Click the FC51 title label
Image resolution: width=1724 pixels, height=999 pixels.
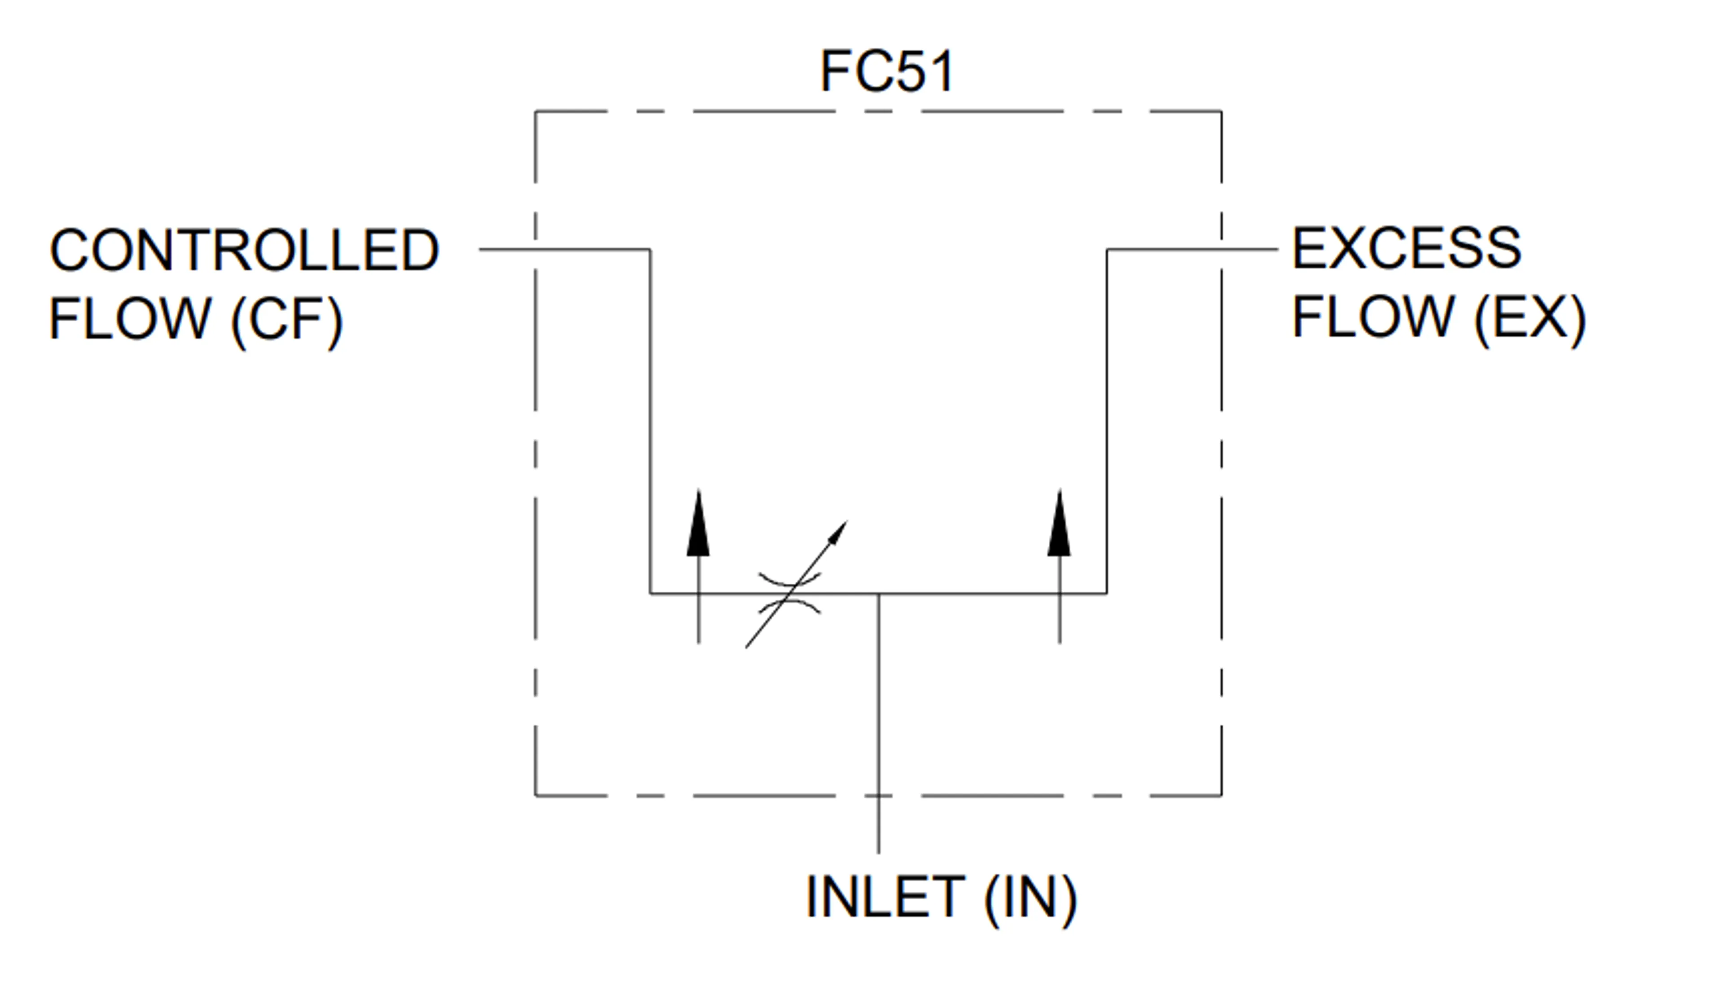[x=887, y=70]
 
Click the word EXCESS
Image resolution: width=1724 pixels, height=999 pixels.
[x=1407, y=248]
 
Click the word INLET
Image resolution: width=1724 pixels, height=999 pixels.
[x=886, y=897]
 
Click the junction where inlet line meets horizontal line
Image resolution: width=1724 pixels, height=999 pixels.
[x=879, y=594]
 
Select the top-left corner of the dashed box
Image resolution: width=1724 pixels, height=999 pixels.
[x=535, y=111]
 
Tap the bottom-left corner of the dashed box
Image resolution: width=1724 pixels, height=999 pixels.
[x=535, y=796]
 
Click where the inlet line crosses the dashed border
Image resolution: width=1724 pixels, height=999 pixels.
[x=879, y=796]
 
